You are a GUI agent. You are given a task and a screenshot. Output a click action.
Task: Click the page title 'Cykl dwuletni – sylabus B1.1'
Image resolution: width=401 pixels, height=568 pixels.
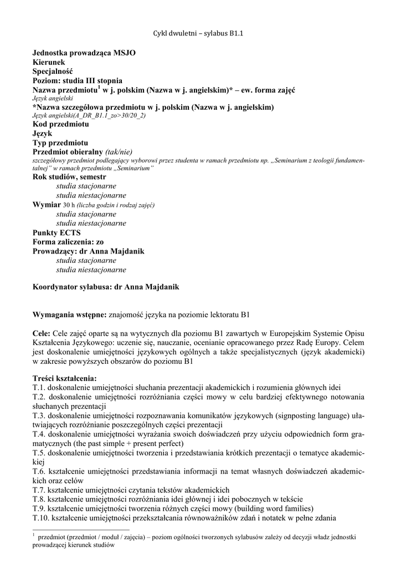[x=198, y=33]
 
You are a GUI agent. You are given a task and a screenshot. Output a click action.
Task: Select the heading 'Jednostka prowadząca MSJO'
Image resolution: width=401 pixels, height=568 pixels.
[x=84, y=53]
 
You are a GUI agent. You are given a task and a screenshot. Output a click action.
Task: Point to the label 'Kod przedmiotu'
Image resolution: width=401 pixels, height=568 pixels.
[x=60, y=124]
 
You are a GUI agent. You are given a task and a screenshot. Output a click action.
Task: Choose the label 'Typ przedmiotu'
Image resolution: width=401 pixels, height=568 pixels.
[x=60, y=143]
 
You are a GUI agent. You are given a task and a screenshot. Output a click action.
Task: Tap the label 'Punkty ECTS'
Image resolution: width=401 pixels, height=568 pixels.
[x=56, y=233]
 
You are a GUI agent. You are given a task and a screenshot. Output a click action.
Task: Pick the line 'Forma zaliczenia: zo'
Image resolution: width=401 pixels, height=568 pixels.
[x=68, y=242]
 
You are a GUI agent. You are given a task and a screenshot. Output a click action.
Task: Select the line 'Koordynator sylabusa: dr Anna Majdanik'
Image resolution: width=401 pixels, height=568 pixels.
[x=106, y=287]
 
